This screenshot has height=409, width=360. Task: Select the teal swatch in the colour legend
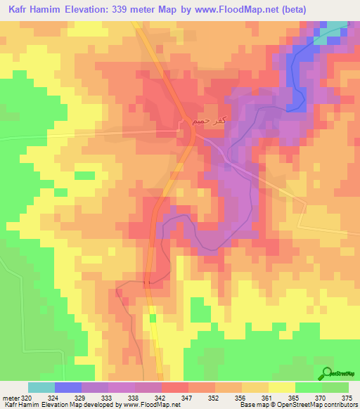click(41, 387)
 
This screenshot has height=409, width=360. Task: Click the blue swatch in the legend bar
click(68, 387)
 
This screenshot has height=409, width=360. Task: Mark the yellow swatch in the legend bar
click(281, 387)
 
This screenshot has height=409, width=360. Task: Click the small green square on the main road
click(153, 319)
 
